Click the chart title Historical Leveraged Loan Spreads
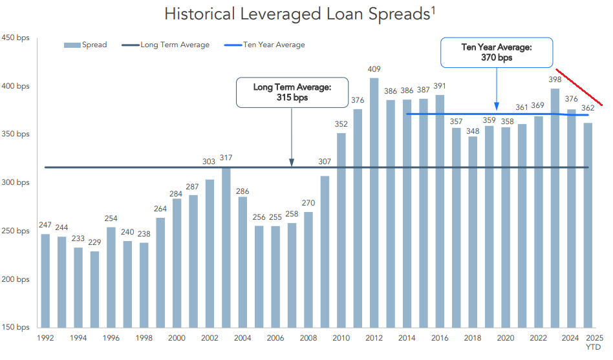point(298,14)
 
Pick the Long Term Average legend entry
point(166,45)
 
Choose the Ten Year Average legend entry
point(264,45)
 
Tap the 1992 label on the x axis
point(45,338)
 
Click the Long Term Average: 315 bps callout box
point(292,92)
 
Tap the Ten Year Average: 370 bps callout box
point(497,52)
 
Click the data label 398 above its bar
point(555,80)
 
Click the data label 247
point(45,226)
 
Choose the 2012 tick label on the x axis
point(374,338)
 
